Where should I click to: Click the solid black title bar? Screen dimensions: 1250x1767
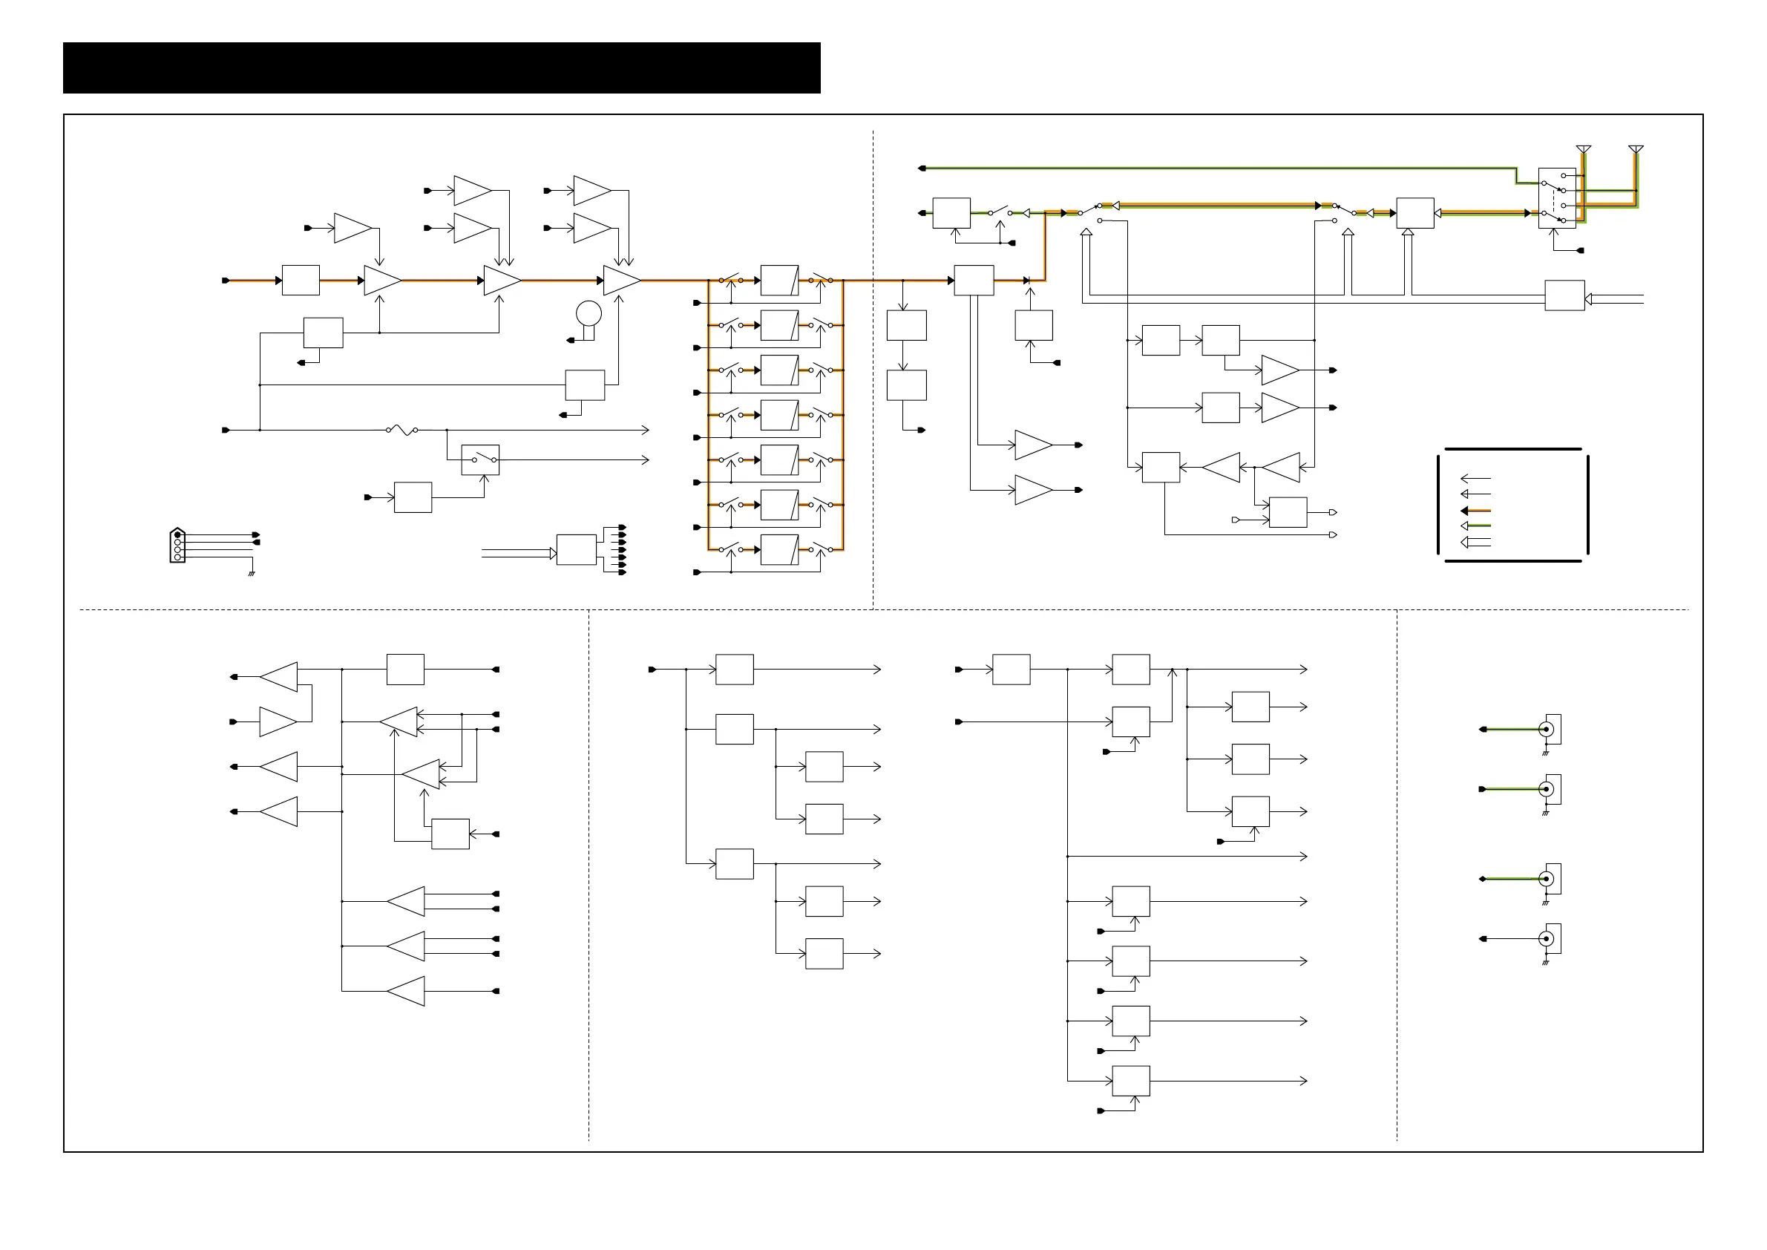pyautogui.click(x=441, y=68)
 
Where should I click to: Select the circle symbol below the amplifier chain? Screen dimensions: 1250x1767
pyautogui.click(x=589, y=313)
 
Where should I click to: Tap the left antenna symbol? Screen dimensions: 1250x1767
pyautogui.click(x=1583, y=149)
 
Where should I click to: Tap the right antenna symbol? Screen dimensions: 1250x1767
pyautogui.click(x=1636, y=149)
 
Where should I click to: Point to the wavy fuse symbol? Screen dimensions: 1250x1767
pyautogui.click(x=401, y=430)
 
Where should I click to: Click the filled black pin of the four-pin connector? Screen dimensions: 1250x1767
pyautogui.click(x=178, y=534)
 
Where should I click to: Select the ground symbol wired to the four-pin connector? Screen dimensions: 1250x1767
pyautogui.click(x=251, y=574)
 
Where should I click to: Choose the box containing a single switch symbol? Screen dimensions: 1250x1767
pyautogui.click(x=480, y=459)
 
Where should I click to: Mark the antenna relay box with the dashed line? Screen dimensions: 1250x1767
pyautogui.click(x=1556, y=197)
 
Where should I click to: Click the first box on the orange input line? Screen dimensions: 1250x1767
pyautogui.click(x=300, y=280)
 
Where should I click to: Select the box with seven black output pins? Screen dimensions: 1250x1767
pyautogui.click(x=576, y=549)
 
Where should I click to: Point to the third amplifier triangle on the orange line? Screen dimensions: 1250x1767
pyautogui.click(x=622, y=280)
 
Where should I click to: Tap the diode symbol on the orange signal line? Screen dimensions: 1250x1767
pyautogui.click(x=1026, y=280)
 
